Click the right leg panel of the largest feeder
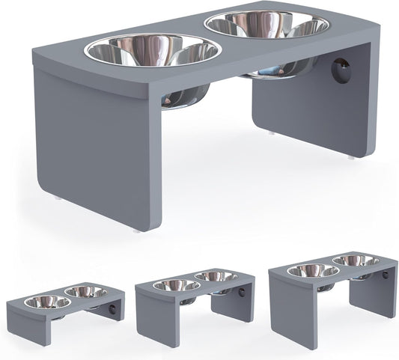[311, 112]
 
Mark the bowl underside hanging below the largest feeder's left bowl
[171, 97]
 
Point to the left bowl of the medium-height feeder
[177, 285]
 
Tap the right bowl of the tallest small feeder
[355, 261]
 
